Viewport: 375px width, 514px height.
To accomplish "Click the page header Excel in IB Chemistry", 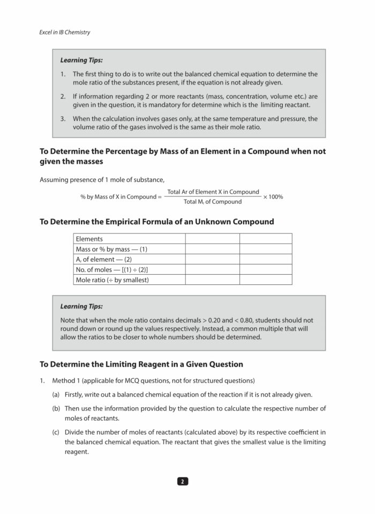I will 65,32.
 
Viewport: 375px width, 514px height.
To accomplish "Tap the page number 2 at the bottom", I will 183,481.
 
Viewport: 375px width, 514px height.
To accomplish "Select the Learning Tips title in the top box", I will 81,60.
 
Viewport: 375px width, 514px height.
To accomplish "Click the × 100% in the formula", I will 273,197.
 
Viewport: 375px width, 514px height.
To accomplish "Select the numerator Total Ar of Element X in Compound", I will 213,192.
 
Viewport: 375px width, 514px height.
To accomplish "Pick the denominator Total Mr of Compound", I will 213,202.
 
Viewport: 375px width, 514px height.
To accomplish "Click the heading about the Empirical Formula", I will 156,222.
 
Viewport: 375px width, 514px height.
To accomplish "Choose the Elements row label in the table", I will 89,239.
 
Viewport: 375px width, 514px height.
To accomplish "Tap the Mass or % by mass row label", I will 111,249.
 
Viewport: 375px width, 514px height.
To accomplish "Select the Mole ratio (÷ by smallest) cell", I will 112,280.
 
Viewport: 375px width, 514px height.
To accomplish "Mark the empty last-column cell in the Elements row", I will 265,239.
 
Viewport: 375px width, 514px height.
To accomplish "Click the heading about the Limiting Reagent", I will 141,364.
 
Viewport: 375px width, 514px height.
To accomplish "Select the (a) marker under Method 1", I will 56,394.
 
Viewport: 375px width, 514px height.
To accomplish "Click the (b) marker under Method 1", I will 56,409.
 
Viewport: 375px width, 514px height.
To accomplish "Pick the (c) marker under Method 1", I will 56,432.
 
